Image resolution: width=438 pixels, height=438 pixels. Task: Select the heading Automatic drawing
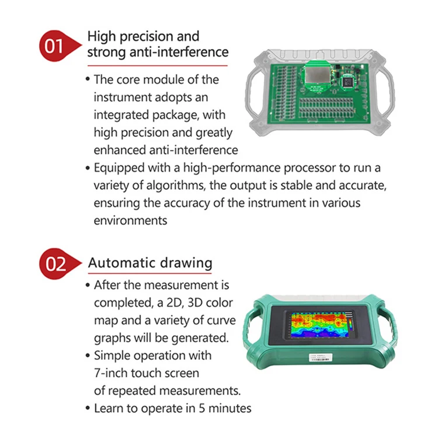coord(150,263)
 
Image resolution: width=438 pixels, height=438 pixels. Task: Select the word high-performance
coord(204,168)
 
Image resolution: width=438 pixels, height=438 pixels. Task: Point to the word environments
coord(130,221)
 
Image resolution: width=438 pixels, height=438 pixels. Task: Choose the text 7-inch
coord(112,373)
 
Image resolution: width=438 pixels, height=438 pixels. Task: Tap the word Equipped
coord(117,168)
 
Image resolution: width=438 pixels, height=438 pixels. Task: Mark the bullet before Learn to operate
coord(88,408)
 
